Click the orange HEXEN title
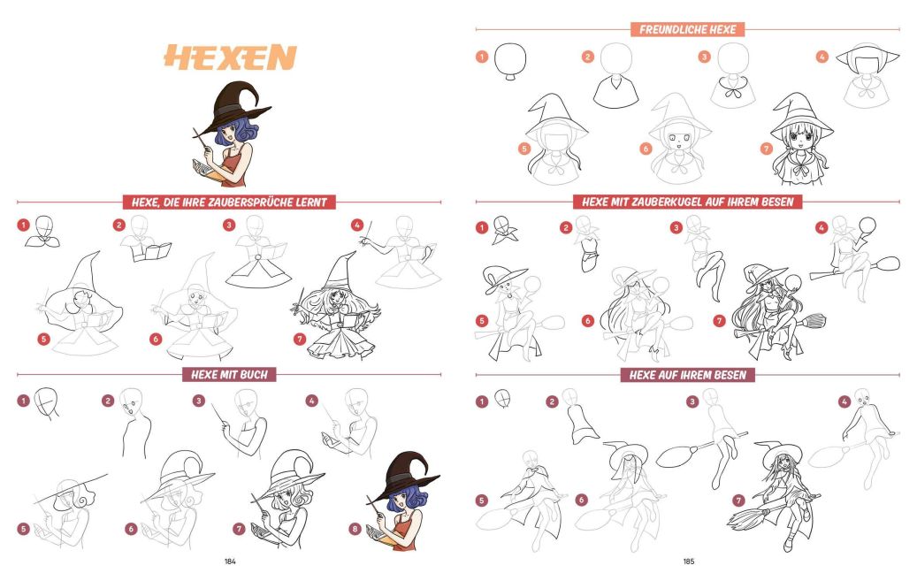point(230,57)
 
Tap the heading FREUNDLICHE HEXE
point(687,29)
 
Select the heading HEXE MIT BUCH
point(229,374)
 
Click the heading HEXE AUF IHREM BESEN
point(688,375)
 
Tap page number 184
point(230,562)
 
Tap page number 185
point(689,562)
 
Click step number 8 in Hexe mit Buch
point(355,529)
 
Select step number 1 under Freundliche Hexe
point(482,57)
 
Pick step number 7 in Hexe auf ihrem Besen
point(738,500)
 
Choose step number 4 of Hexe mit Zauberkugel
point(821,227)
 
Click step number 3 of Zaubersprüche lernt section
point(229,225)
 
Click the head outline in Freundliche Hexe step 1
point(510,59)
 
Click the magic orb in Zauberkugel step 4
point(867,225)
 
